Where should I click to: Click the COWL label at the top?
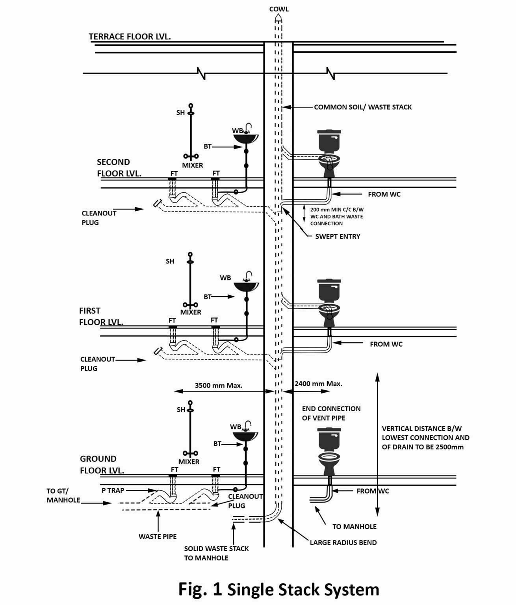click(x=278, y=9)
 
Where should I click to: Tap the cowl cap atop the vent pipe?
click(x=278, y=18)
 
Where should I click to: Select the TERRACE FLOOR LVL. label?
click(x=130, y=37)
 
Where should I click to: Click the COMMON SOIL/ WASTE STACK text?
click(x=362, y=107)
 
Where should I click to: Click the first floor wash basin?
click(x=247, y=285)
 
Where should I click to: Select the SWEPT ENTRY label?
click(x=338, y=237)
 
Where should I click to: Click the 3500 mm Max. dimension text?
click(x=219, y=386)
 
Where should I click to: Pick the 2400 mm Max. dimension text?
click(x=318, y=384)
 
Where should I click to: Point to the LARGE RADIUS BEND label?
click(x=343, y=542)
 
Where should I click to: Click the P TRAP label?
click(x=113, y=490)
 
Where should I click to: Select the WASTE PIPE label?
click(x=158, y=536)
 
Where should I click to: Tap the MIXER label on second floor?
click(x=192, y=165)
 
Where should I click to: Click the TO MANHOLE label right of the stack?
click(x=354, y=527)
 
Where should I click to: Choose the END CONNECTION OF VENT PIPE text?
click(x=331, y=413)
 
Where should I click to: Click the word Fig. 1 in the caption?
click(x=200, y=589)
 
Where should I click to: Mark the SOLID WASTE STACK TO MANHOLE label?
click(x=216, y=553)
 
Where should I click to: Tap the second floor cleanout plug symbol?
click(x=158, y=203)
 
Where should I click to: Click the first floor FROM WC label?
click(x=386, y=344)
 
